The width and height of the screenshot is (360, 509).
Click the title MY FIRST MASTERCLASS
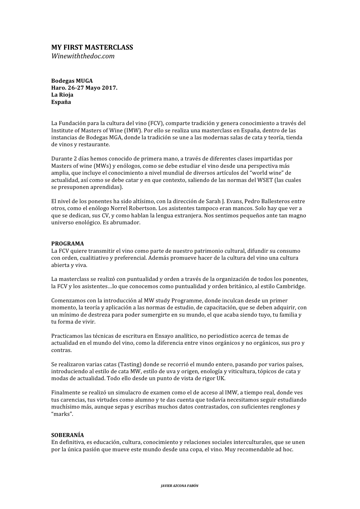pyautogui.click(x=92, y=47)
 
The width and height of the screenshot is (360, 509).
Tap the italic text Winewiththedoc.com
pyautogui.click(x=83, y=56)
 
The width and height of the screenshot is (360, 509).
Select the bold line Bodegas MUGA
pyautogui.click(x=72, y=81)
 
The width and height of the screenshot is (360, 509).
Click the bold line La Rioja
pyautogui.click(x=62, y=95)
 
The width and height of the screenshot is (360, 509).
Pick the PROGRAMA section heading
pyautogui.click(x=68, y=243)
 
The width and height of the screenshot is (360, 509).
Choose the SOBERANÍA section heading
pyautogui.click(x=68, y=435)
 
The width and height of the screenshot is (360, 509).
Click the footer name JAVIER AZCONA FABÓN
pyautogui.click(x=180, y=485)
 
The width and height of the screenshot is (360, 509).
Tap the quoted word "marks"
pyautogui.click(x=62, y=414)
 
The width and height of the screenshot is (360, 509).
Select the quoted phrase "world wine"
pyautogui.click(x=263, y=173)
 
